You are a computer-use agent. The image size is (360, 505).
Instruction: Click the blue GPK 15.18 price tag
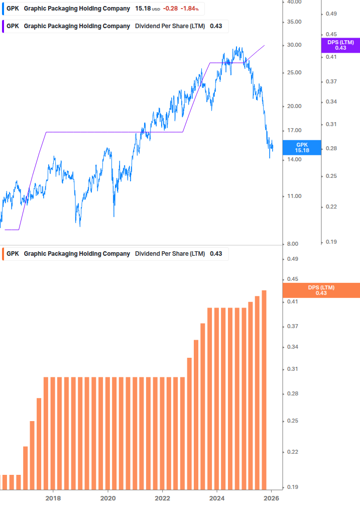click(x=302, y=147)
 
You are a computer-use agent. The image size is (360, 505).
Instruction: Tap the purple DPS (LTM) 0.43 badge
click(x=340, y=45)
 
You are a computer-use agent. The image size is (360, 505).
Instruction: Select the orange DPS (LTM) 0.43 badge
click(x=321, y=290)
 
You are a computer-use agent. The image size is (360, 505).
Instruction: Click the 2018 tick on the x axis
click(x=53, y=498)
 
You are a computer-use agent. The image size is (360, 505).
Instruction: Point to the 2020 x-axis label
click(x=107, y=498)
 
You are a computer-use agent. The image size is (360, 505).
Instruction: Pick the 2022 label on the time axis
click(x=162, y=498)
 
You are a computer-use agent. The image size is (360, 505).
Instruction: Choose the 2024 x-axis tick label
click(x=217, y=498)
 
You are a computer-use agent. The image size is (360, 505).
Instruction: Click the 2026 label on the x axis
click(x=271, y=498)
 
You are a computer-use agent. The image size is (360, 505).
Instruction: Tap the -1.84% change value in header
click(x=189, y=9)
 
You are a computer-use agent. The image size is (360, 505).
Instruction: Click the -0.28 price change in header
click(x=171, y=9)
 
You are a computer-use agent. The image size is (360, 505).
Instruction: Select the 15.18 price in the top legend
click(x=143, y=9)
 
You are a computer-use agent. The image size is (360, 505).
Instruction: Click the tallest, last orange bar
click(x=264, y=389)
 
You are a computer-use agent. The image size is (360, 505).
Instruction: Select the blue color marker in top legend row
click(x=3, y=9)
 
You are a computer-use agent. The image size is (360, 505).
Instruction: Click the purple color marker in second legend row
click(x=3, y=26)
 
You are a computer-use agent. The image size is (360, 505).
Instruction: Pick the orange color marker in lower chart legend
click(x=3, y=254)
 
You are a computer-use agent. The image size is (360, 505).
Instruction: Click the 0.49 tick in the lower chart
click(x=292, y=259)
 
